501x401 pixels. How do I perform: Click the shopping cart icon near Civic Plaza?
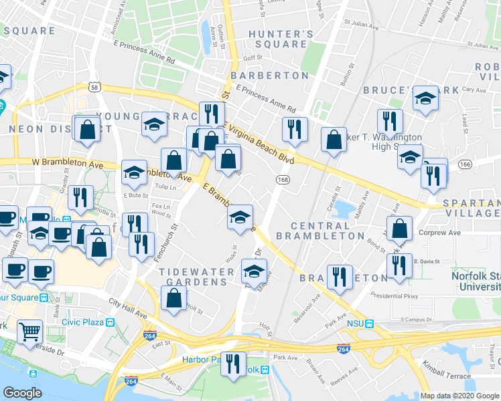click(x=29, y=330)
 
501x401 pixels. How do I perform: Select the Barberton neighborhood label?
click(x=270, y=76)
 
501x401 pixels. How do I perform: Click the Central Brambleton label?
click(x=328, y=231)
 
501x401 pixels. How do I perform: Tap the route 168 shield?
click(x=283, y=180)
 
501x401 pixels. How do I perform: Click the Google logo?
click(x=23, y=392)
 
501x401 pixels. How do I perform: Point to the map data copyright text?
click(x=459, y=396)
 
